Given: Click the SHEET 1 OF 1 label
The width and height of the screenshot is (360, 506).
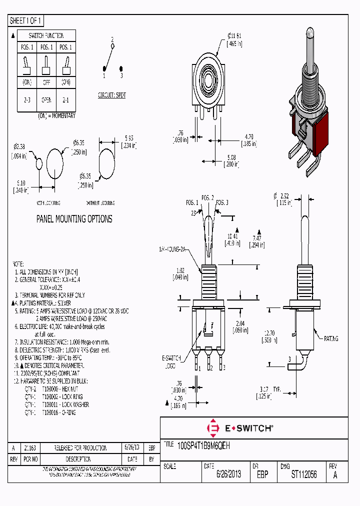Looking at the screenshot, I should pos(26,20).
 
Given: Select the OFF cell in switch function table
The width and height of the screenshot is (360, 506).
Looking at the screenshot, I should pos(46,82).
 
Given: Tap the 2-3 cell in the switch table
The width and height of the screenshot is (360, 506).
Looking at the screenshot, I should pos(27,99).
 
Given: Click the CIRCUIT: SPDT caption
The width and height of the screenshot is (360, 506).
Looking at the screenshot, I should pos(111,95).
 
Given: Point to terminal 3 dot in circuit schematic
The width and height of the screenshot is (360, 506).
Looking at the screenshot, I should pos(121,69).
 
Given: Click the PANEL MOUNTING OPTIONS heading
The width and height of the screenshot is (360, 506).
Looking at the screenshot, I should pos(74,219).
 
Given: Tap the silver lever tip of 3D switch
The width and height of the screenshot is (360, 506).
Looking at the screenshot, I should pos(309,35).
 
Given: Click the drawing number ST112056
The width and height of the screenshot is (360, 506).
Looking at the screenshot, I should pos(304,474).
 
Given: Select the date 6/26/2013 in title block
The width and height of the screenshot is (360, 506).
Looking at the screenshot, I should pos(228,474).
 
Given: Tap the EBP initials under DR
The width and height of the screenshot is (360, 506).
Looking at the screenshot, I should pos(262,474).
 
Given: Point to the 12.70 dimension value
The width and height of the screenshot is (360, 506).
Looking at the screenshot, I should pos(269,332).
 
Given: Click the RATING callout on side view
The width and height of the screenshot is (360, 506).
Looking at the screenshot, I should pos(330,338).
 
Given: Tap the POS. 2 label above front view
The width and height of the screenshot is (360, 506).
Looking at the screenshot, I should pos(207,197).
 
